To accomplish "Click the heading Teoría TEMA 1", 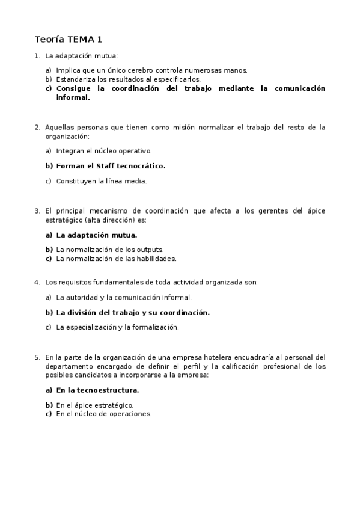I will point(68,40).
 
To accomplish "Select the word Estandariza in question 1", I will point(75,79).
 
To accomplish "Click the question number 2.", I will point(37,127).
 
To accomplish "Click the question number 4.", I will point(37,282).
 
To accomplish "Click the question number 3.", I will point(37,211).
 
